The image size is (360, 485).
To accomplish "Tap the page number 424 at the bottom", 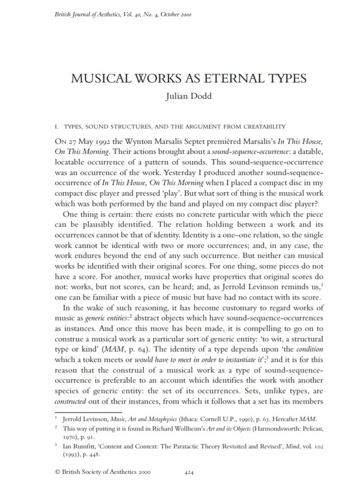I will (188, 472).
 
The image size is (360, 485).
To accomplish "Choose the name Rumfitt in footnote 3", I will (89, 446).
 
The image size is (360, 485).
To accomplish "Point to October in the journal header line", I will (169, 14).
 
